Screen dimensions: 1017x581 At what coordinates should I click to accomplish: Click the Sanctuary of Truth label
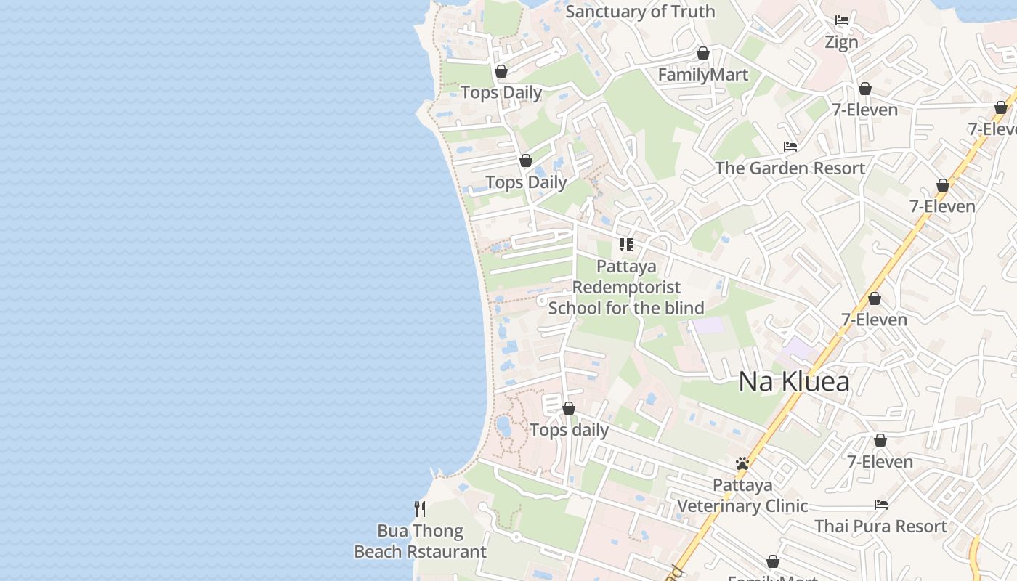[640, 12]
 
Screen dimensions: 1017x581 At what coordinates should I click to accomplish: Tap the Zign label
[841, 42]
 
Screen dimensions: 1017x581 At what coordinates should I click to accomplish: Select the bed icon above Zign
[842, 20]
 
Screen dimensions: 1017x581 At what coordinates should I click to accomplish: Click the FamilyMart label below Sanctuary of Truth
[702, 75]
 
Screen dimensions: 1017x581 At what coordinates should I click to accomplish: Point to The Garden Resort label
[790, 168]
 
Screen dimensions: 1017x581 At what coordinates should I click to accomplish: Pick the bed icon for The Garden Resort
[790, 147]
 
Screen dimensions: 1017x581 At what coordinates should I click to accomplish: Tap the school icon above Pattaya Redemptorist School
[626, 245]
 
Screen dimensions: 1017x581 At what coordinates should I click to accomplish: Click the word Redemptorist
[626, 287]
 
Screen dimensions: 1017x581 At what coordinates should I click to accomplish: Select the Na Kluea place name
[793, 381]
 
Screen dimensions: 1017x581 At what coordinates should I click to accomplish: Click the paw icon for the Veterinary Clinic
[742, 463]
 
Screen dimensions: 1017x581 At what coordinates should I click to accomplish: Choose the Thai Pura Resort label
[880, 527]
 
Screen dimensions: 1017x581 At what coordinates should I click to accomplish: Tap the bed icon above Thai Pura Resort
[881, 505]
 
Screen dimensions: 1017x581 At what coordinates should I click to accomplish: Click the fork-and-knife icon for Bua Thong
[419, 508]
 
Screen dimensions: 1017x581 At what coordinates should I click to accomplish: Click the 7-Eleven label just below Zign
[864, 110]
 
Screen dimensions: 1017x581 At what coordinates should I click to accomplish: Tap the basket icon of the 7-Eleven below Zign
[864, 89]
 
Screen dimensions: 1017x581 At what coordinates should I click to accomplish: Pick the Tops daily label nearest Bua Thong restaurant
[569, 430]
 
